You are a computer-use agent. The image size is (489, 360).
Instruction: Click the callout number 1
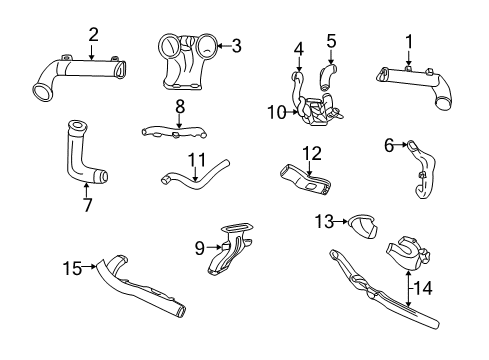(408, 40)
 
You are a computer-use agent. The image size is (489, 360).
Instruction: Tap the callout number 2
(93, 35)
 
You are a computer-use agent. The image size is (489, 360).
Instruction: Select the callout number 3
(236, 44)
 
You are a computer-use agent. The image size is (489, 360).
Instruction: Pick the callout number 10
(275, 112)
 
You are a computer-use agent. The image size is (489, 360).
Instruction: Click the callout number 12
(313, 153)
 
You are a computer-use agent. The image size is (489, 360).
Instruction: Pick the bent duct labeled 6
(417, 167)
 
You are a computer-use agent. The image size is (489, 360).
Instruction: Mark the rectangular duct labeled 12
(308, 180)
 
